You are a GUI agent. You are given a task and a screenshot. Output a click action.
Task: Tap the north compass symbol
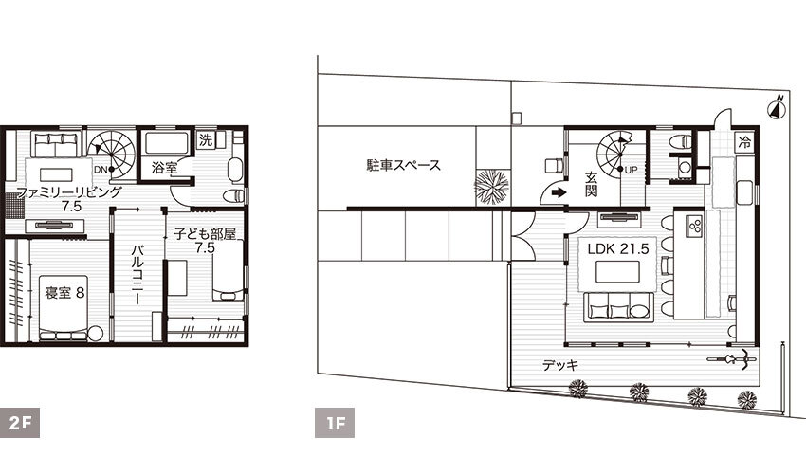[777, 106]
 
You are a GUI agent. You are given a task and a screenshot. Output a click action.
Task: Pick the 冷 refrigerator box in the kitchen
[744, 143]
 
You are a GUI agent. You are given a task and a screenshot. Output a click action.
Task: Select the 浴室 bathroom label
[165, 169]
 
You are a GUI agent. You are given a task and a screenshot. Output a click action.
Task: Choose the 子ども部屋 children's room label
[203, 232]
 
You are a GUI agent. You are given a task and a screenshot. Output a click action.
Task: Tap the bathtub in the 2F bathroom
[167, 145]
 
